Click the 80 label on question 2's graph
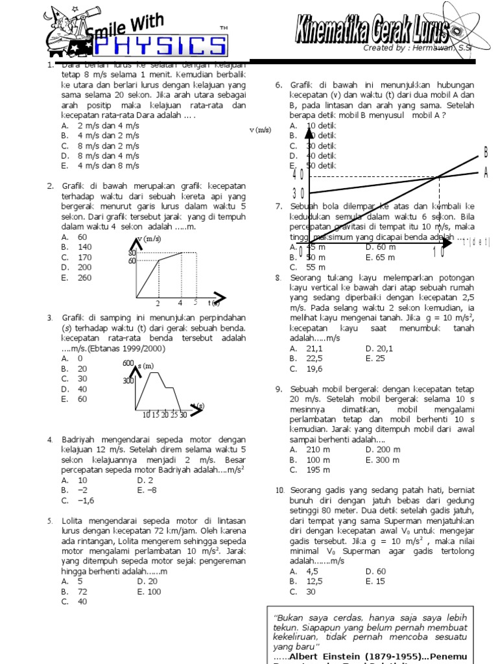pyautogui.click(x=132, y=252)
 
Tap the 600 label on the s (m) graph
pyautogui.click(x=128, y=364)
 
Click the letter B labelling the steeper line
pyautogui.click(x=485, y=152)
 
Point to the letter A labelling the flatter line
pyautogui.click(x=485, y=172)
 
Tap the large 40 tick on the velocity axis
pyautogui.click(x=298, y=174)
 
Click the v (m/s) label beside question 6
pyautogui.click(x=260, y=130)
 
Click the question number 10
pyautogui.click(x=279, y=490)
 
